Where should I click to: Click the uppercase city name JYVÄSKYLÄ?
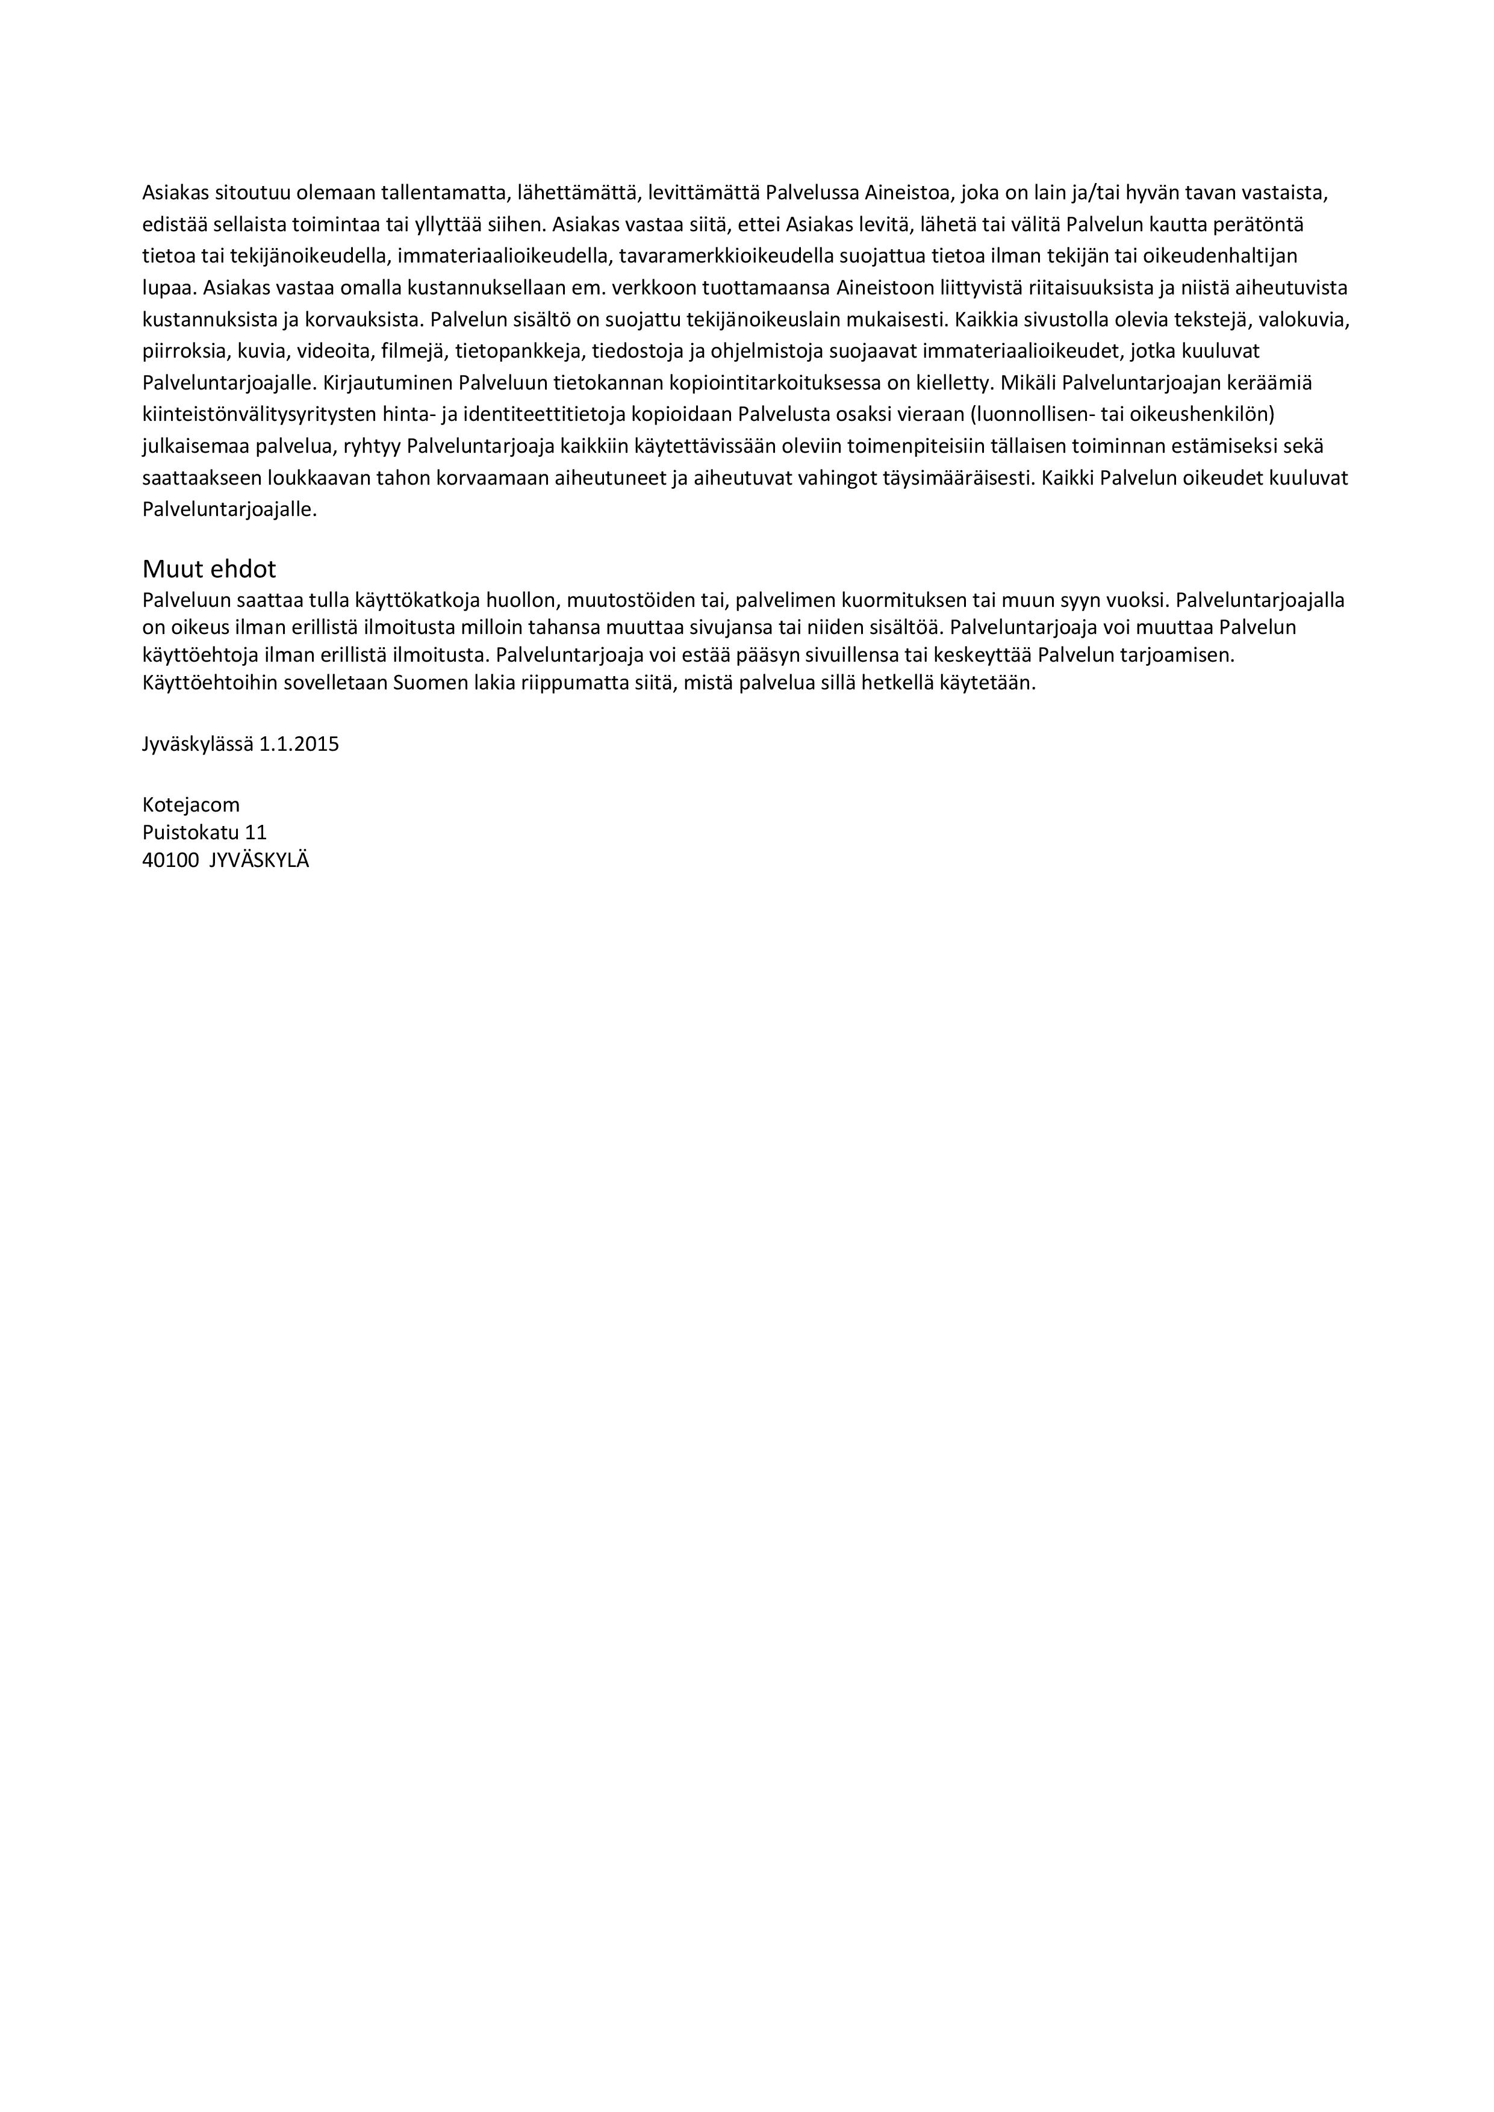coord(260,861)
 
